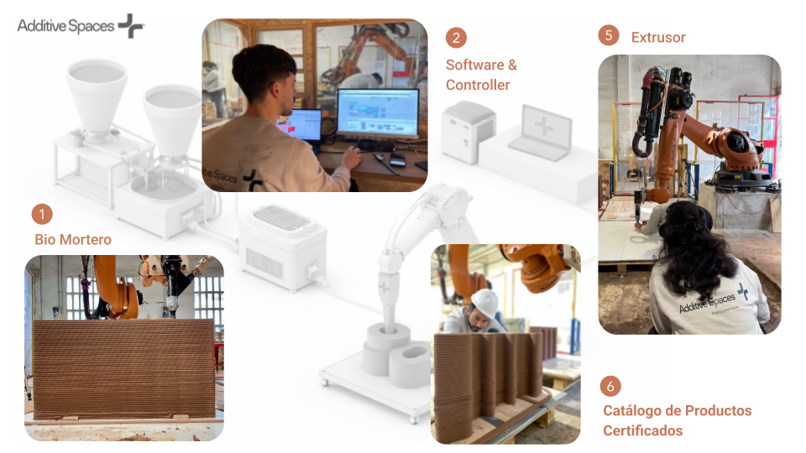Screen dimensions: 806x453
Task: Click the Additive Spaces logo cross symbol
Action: point(131,26)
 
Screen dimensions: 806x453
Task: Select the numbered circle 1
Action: point(42,214)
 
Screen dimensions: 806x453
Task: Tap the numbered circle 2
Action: point(456,38)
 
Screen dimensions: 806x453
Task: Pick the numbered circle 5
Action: point(609,35)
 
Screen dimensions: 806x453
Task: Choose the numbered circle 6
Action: point(610,386)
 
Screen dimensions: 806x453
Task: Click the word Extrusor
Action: point(658,38)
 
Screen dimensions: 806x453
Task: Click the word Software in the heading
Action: point(475,65)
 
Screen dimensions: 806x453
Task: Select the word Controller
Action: point(478,86)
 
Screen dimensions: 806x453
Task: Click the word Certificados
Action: point(643,430)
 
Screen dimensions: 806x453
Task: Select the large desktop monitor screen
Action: point(378,113)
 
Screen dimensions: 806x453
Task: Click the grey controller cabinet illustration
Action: point(468,132)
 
